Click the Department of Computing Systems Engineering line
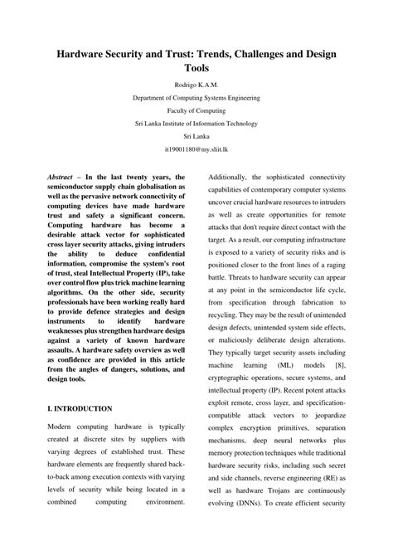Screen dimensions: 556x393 tap(196, 97)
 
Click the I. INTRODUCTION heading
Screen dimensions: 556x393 tap(80, 432)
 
